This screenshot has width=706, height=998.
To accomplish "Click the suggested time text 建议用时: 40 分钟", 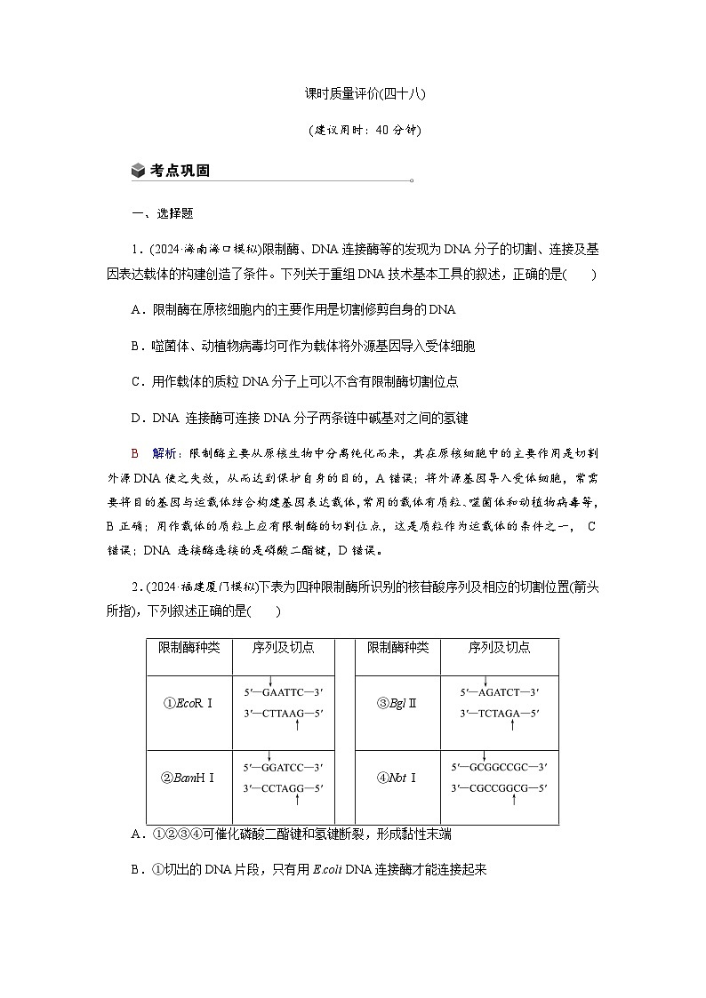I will tap(353, 130).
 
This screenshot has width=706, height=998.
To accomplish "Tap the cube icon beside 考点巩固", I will tap(137, 171).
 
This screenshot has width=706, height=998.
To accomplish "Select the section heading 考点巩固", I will tap(180, 171).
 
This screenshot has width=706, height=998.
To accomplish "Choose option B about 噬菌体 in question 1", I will tap(302, 345).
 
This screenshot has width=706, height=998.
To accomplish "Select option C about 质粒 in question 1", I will tap(293, 380).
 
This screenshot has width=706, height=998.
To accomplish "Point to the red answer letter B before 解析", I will tap(135, 452).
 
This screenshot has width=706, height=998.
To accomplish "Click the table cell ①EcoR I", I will tap(188, 703).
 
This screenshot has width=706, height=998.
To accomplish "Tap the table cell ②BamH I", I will tap(188, 778).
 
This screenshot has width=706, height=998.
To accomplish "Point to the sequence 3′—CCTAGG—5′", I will tap(283, 787).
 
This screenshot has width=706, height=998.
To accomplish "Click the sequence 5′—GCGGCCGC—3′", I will tap(499, 766).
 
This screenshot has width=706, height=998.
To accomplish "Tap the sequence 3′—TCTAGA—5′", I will tap(499, 713).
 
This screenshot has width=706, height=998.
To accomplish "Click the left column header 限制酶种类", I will tap(188, 648).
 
